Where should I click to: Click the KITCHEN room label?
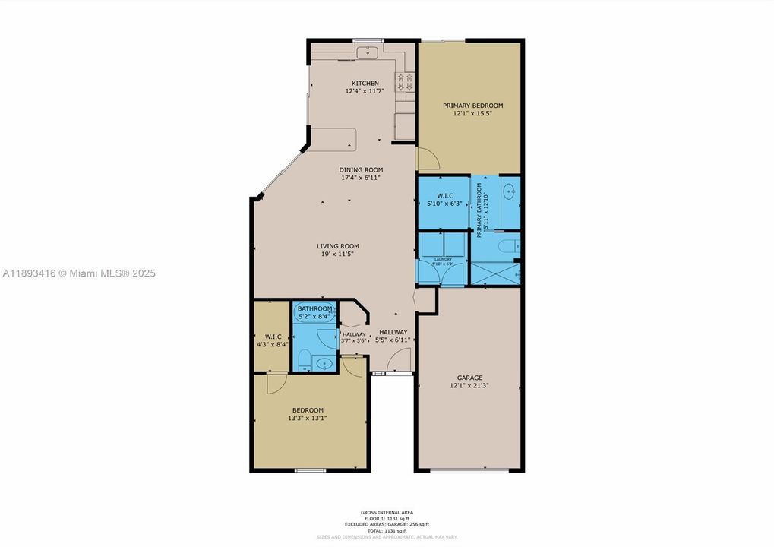click(365, 83)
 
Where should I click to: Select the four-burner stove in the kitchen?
click(404, 81)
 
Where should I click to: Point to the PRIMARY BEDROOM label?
click(472, 106)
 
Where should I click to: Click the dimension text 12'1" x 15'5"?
click(472, 114)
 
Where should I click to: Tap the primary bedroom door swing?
click(427, 158)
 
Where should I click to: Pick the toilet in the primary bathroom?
click(513, 245)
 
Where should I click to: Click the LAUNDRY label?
click(443, 259)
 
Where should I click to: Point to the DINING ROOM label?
click(362, 169)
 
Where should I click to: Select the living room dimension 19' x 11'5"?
click(338, 254)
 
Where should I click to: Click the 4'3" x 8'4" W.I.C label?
click(273, 340)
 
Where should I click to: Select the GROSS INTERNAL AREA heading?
click(387, 512)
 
